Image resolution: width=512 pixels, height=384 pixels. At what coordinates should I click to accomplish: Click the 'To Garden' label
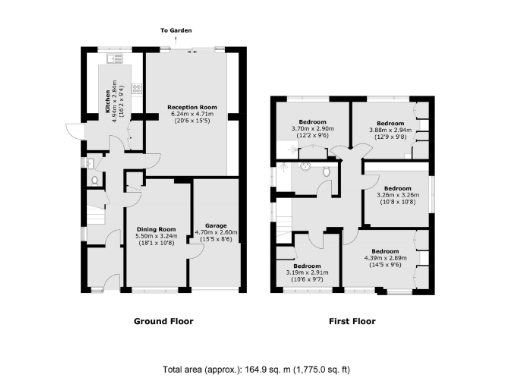[176, 31]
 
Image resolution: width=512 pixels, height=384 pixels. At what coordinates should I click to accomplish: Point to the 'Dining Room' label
[155, 229]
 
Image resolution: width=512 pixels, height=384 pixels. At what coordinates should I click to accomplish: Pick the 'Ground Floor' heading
[164, 321]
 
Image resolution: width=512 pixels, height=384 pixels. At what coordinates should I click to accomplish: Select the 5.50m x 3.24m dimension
[155, 237]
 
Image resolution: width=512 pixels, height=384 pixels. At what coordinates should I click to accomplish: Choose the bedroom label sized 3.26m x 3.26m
[398, 188]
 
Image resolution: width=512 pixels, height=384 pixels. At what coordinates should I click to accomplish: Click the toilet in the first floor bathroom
[327, 171]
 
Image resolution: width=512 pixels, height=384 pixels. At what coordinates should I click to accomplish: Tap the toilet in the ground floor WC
[93, 181]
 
